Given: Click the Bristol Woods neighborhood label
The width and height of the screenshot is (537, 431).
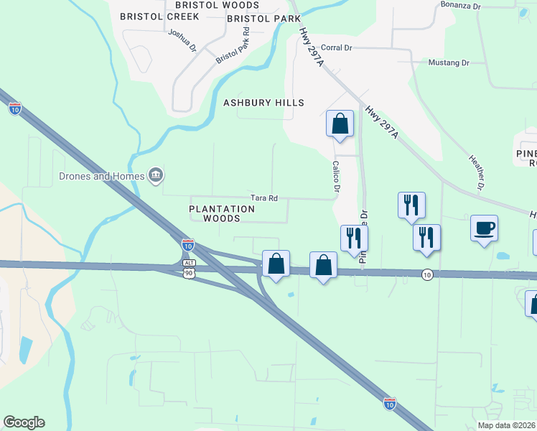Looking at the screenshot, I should pos(200,5).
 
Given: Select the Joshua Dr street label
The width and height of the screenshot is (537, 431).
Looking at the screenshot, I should pos(182,40).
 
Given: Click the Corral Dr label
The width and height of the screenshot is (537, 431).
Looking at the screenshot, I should pos(336,47).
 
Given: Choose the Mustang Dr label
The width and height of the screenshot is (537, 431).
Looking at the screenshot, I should pos(448,62).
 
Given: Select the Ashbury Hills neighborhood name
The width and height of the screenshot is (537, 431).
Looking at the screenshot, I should pos(263,103).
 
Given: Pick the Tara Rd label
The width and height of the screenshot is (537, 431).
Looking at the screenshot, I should pos(263,198).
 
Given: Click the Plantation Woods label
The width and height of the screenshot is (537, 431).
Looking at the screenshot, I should pos(222,213).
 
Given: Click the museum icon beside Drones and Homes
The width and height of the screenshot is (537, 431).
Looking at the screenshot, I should pos(155,175).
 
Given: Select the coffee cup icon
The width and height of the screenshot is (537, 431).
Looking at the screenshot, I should pos(484,228).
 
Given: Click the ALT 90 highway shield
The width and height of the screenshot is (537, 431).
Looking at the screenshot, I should pos(187,271).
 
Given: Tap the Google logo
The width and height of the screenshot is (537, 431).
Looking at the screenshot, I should pos(24,422).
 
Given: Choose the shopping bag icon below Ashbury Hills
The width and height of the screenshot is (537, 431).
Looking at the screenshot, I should pos(340,123).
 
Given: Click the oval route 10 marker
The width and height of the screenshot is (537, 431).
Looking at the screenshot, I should pos(427,274).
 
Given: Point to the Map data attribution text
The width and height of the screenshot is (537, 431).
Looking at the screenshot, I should pos(507,425).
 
